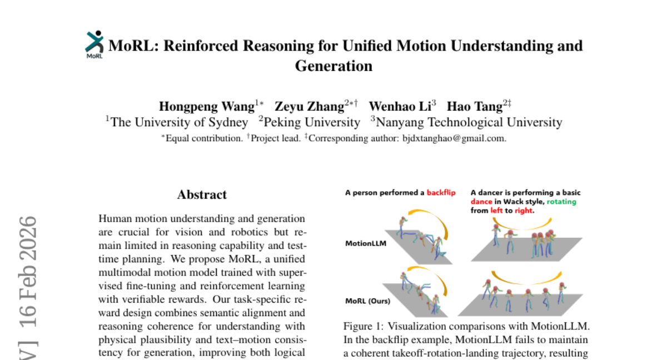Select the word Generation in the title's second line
[333, 66]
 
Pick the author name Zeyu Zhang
[310, 106]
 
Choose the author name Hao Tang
[475, 106]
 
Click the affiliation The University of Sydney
[180, 122]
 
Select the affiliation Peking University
[312, 122]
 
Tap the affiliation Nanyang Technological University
[470, 122]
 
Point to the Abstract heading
[202, 195]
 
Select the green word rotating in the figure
[561, 202]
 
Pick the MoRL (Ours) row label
[367, 301]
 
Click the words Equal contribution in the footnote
[203, 138]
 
